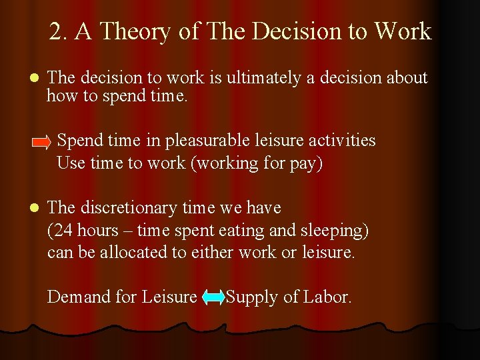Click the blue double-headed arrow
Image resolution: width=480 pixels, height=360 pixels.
coord(213,298)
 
